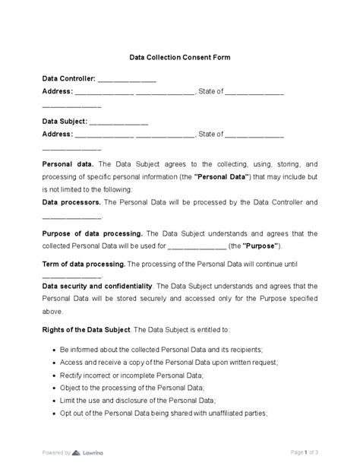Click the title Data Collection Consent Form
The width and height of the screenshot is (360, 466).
(179, 56)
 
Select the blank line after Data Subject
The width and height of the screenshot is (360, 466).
(119, 122)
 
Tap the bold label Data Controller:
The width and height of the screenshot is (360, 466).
(68, 78)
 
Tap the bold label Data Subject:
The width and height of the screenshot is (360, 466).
(65, 122)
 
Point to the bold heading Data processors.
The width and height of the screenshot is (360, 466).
(71, 203)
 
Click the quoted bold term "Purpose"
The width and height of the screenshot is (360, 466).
(264, 246)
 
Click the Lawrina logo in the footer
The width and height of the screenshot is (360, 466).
(90, 452)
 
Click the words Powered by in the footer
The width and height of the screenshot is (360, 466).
(57, 452)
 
